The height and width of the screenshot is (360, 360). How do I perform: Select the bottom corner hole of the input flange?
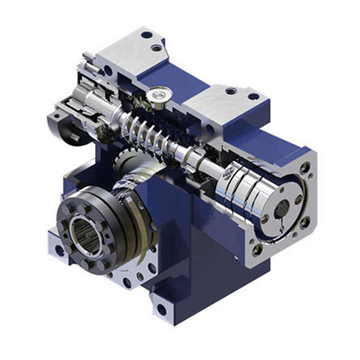point(257,250)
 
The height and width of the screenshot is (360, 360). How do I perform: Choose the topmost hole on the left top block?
point(147,34)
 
